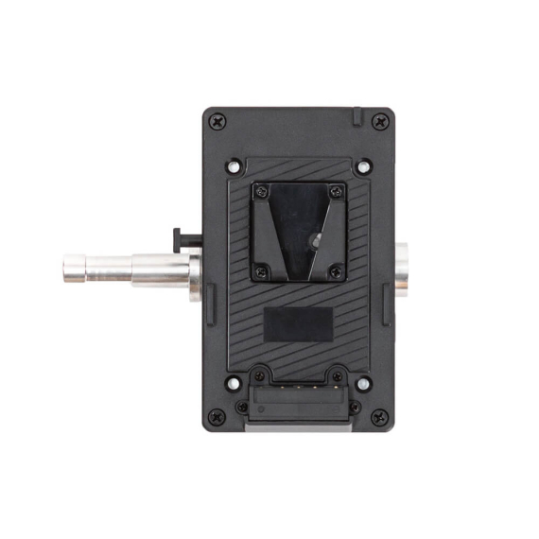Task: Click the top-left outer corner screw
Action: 218,121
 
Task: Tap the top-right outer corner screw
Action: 380,121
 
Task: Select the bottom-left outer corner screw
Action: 218,416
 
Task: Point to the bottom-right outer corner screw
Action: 380,416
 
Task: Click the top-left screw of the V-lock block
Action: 263,192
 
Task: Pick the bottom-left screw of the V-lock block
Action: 263,271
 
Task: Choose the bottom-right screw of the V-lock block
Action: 335,271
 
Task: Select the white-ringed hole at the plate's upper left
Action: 234,166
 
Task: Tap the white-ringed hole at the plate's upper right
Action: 364,166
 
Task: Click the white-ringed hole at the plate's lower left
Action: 234,383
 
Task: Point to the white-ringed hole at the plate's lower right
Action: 364,383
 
